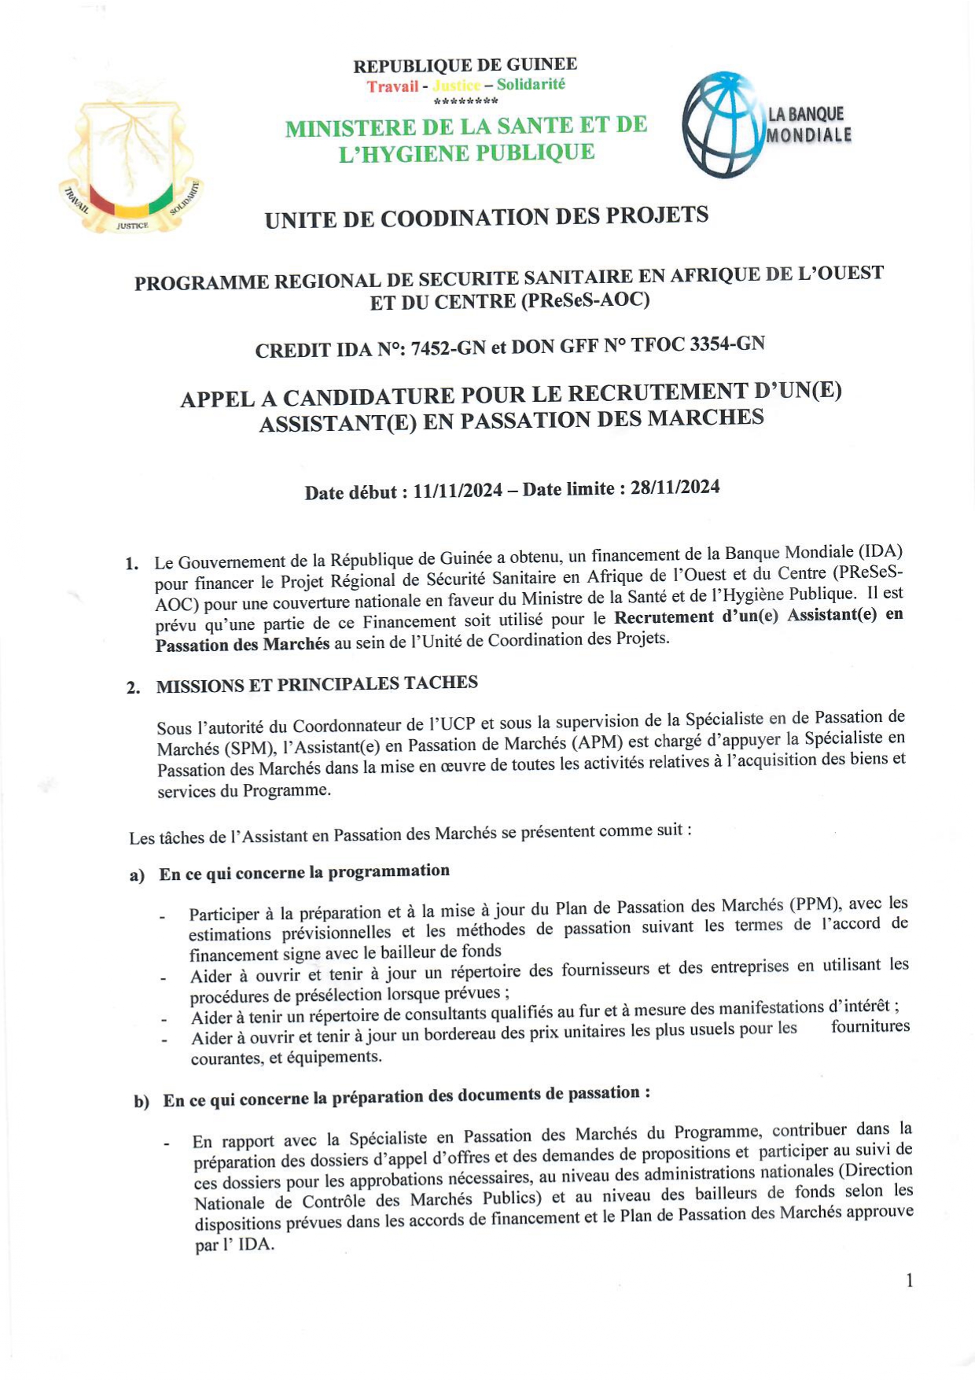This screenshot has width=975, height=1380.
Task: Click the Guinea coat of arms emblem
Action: pyautogui.click(x=131, y=166)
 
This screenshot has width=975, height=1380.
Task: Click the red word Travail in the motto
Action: pyautogui.click(x=392, y=86)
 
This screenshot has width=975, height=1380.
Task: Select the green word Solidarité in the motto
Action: pyautogui.click(x=531, y=84)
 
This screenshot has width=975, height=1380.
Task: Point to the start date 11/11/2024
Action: pyautogui.click(x=458, y=491)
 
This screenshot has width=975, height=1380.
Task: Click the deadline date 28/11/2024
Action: pyautogui.click(x=675, y=488)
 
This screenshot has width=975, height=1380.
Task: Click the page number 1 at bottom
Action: pyautogui.click(x=910, y=1281)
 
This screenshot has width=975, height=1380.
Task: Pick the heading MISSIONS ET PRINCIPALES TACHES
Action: pyautogui.click(x=317, y=684)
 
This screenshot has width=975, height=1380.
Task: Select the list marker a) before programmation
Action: pyautogui.click(x=138, y=876)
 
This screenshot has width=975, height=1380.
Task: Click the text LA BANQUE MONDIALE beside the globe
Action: pyautogui.click(x=808, y=124)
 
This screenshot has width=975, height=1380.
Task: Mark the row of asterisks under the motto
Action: pyautogui.click(x=465, y=101)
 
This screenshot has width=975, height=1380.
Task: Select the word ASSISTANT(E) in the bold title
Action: pyautogui.click(x=338, y=423)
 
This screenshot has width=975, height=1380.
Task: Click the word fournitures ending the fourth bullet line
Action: pyautogui.click(x=870, y=1026)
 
